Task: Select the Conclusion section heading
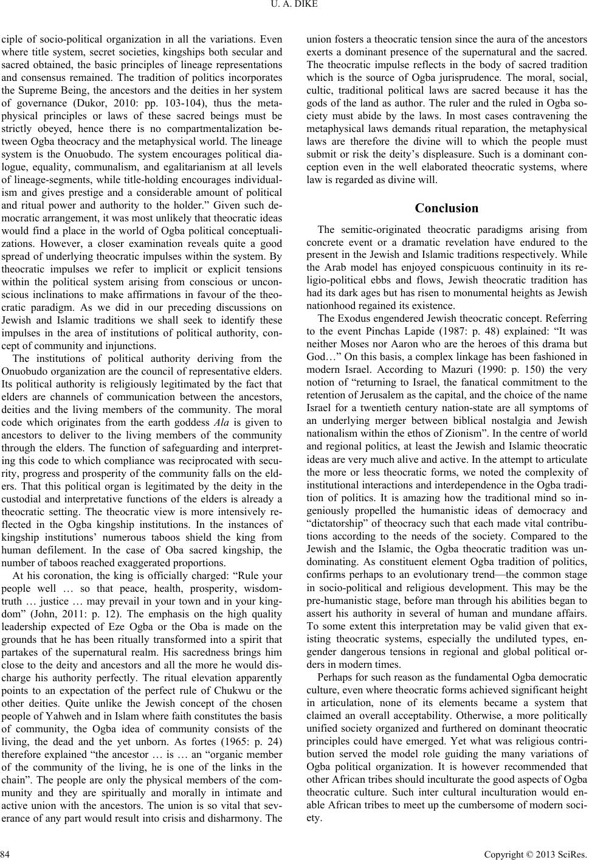[x=446, y=208]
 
